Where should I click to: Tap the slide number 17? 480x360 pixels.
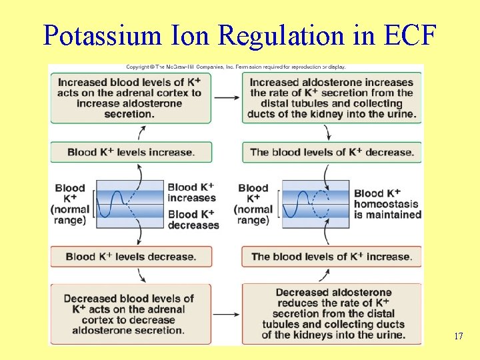tap(458, 337)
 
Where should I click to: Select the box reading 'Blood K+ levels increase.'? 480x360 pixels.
tap(131, 152)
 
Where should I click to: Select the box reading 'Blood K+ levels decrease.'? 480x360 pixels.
tap(131, 257)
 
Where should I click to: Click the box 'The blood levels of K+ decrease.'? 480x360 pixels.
tap(331, 152)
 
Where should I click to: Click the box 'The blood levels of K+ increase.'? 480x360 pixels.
tap(331, 257)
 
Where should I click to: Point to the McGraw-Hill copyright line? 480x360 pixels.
tap(236, 67)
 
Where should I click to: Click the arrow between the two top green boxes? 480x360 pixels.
tap(227, 98)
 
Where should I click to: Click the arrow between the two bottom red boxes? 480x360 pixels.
tap(227, 314)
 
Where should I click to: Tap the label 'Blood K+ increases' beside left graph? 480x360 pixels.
tap(191, 193)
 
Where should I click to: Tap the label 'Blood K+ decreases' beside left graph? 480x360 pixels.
tap(193, 219)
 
